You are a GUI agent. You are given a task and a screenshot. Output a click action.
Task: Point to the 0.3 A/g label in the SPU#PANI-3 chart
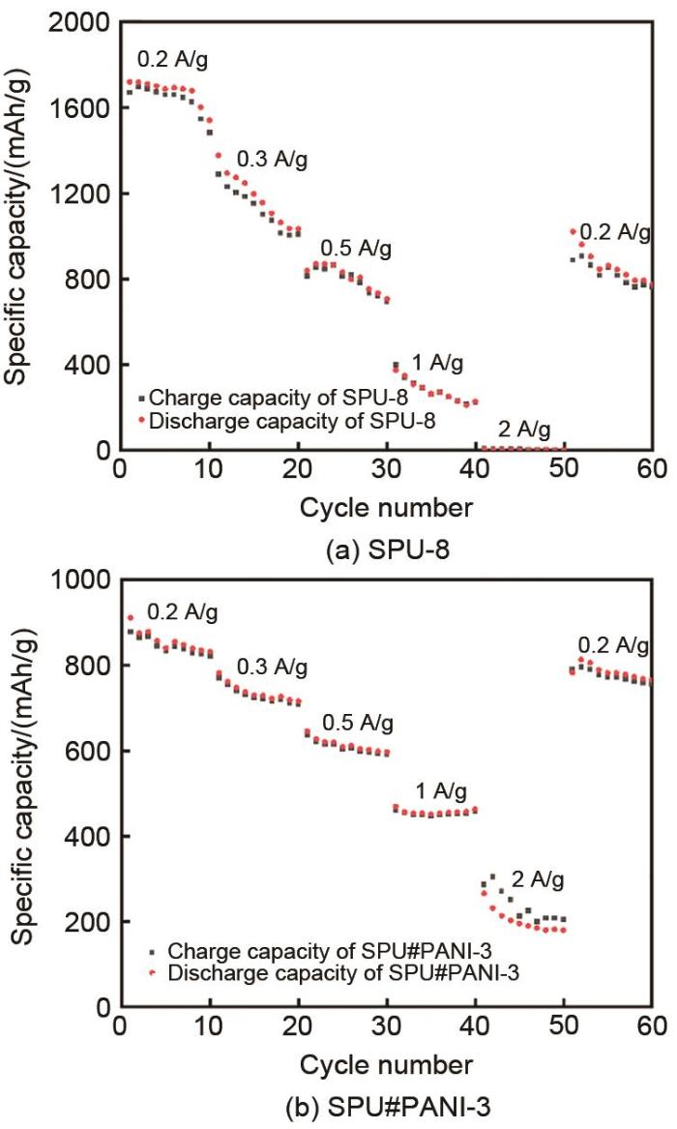(x=272, y=668)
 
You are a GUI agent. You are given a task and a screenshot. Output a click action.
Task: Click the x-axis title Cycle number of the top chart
(x=387, y=506)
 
